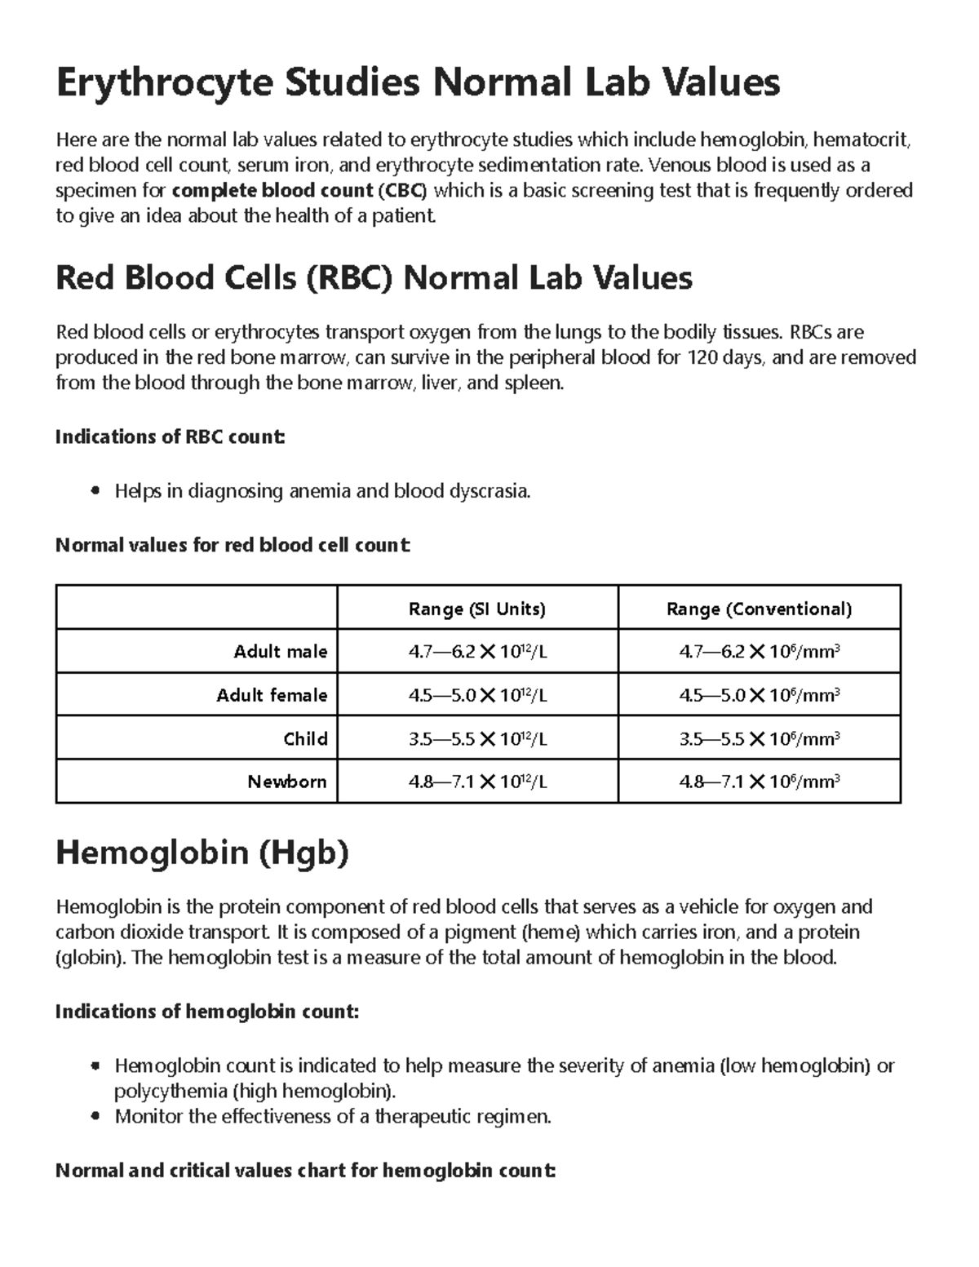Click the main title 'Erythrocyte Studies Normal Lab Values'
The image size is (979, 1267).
click(417, 82)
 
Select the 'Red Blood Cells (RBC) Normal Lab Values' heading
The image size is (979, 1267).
click(374, 278)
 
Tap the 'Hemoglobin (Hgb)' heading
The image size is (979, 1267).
click(202, 853)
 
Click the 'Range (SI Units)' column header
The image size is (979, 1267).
click(477, 609)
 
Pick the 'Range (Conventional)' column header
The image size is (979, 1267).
click(759, 609)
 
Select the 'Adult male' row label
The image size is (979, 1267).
click(280, 652)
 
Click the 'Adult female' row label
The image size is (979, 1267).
click(271, 695)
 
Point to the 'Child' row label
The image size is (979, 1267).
click(305, 738)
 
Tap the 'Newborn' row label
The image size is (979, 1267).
click(287, 782)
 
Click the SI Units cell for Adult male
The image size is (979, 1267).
click(477, 652)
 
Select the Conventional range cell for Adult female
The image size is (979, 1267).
click(759, 695)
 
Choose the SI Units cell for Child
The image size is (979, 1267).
click(477, 738)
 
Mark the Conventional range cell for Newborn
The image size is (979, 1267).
click(759, 782)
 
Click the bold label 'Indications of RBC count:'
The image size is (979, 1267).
click(170, 437)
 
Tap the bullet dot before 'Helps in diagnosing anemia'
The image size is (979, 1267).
click(96, 492)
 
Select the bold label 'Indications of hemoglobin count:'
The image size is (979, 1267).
click(206, 1012)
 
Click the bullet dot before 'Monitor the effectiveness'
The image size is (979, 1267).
click(96, 1117)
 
